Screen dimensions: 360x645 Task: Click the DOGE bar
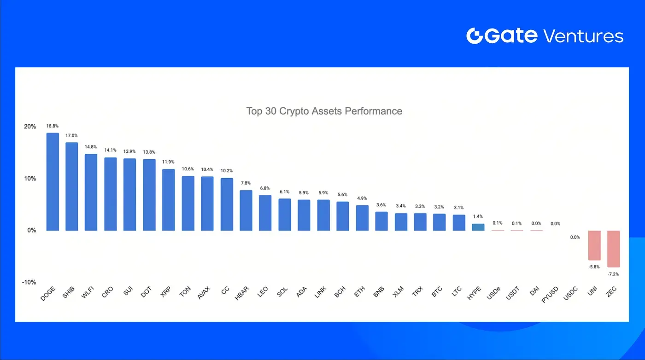[53, 182]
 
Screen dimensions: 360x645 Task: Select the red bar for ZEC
[613, 249]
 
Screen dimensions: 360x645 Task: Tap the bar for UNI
[594, 245]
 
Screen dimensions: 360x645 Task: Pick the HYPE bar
[478, 227]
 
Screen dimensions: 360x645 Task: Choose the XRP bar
[168, 200]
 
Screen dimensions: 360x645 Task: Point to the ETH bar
[362, 218]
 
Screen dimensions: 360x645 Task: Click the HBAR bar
[246, 210]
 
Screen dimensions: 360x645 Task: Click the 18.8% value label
[53, 126]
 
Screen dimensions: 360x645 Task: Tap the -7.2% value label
[613, 274]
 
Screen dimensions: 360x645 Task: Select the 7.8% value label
[246, 183]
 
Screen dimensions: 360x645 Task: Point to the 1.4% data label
[478, 216]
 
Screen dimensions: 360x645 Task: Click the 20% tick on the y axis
[29, 127]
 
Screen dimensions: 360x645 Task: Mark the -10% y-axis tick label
[29, 282]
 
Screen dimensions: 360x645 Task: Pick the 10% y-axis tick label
[29, 179]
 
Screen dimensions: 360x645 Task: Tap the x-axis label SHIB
[69, 292]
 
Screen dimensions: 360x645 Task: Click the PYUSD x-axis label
[550, 295]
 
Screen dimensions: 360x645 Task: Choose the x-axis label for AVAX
[203, 293]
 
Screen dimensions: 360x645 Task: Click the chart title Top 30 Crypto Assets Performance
[324, 111]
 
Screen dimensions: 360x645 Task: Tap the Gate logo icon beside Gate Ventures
[474, 36]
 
